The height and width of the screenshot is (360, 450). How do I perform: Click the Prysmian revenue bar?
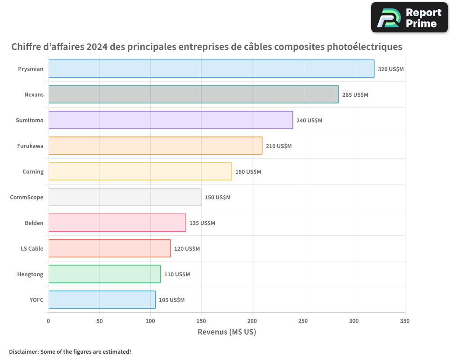(x=211, y=69)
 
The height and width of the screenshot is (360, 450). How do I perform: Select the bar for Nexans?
(x=193, y=94)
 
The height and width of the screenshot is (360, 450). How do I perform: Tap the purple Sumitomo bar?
(x=171, y=120)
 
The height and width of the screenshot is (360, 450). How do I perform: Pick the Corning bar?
(x=140, y=171)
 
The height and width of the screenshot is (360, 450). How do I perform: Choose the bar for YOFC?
(x=102, y=300)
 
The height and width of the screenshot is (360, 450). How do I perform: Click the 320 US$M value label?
(x=391, y=69)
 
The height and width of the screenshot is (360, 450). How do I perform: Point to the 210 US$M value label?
(x=279, y=146)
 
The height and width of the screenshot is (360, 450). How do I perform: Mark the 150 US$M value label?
(x=217, y=198)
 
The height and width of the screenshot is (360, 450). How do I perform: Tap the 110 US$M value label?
(x=177, y=274)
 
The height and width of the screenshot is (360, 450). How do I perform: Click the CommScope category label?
(x=27, y=197)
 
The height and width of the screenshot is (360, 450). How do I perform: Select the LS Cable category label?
(x=32, y=248)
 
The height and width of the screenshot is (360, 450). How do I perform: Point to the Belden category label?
(x=34, y=223)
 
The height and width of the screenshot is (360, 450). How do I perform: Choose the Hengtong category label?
(x=30, y=274)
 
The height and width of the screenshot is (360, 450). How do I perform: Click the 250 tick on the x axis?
(x=303, y=321)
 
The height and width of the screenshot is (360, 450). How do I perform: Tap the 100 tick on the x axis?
(x=150, y=321)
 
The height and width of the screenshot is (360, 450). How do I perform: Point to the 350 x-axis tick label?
(x=405, y=321)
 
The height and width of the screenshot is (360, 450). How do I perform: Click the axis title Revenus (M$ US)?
(x=227, y=332)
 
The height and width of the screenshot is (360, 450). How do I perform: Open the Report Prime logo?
(x=409, y=18)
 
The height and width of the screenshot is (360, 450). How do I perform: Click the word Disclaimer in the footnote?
(x=23, y=351)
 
